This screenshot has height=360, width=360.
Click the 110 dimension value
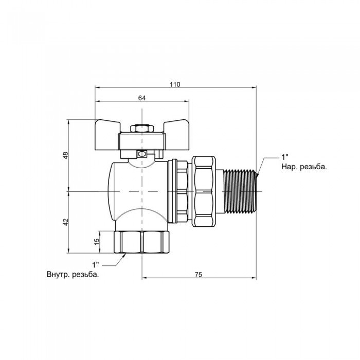(175, 84)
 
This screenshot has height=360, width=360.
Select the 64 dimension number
(142, 98)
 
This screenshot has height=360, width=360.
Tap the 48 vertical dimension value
(66, 155)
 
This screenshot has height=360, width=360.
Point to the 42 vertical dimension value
(66, 222)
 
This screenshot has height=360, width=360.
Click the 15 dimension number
(97, 241)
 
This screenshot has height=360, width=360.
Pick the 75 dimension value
(199, 275)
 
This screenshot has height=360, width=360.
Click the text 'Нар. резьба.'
(304, 167)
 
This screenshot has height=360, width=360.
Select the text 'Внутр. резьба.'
(73, 275)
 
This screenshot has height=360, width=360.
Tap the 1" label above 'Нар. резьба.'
(285, 157)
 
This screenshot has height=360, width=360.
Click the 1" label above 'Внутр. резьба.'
(96, 265)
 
